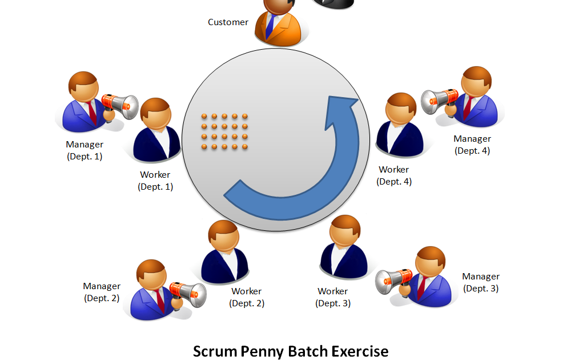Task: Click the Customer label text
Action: click(x=228, y=22)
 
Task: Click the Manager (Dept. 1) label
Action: click(x=85, y=150)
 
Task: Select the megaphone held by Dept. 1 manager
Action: click(x=121, y=106)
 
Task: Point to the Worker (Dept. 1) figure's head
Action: click(x=155, y=113)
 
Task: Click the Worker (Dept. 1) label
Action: click(x=155, y=181)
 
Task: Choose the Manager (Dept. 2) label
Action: click(x=102, y=292)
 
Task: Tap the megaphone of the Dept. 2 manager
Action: click(x=188, y=293)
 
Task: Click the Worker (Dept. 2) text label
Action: click(x=247, y=297)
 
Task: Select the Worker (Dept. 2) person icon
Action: click(x=225, y=251)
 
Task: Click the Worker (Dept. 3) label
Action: click(x=333, y=297)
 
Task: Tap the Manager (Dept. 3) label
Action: click(x=481, y=282)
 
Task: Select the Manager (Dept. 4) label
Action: click(x=472, y=145)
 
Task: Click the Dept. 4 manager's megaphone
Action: click(x=439, y=101)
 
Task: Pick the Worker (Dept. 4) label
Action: click(x=394, y=175)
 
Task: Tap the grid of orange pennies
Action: click(x=224, y=131)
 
